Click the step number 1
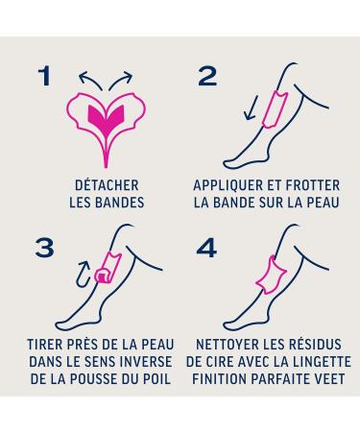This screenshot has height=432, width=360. click(45, 76)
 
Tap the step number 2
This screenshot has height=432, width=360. click(207, 77)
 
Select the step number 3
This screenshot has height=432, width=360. click(44, 248)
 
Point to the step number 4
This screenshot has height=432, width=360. click(206, 248)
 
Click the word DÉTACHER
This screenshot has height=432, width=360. click(107, 185)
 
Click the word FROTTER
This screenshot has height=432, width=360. click(313, 185)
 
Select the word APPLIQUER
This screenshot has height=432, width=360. click(228, 185)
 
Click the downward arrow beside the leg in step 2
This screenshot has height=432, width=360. click(251, 108)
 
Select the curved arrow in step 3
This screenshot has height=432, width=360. click(83, 274)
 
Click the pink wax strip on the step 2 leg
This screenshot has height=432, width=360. click(275, 109)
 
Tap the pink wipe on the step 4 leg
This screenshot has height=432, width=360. click(271, 276)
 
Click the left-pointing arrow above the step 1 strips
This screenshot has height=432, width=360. click(89, 80)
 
